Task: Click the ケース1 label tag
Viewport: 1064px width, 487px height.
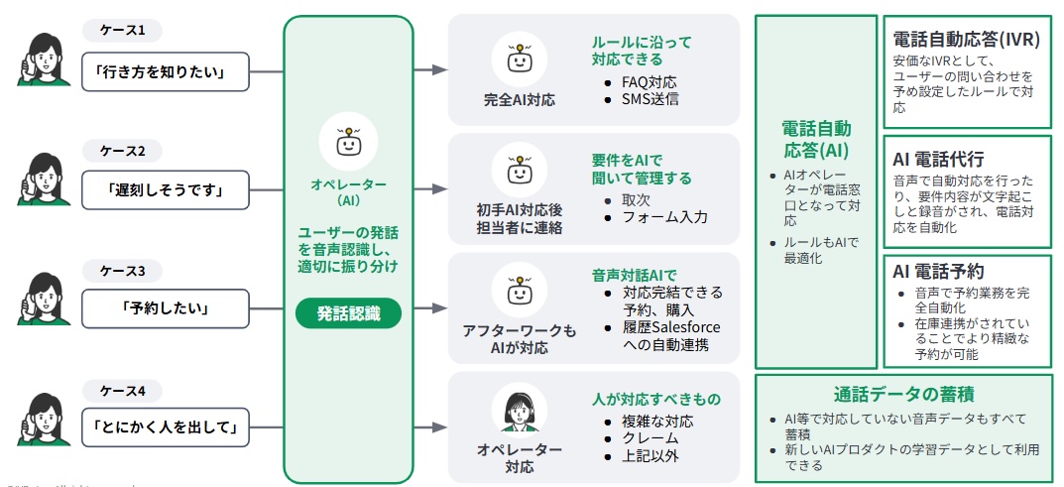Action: click(123, 31)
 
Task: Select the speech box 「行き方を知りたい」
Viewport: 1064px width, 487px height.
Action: click(165, 71)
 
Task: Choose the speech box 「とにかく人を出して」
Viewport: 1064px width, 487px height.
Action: click(165, 427)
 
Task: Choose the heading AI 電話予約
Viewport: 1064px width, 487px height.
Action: click(937, 271)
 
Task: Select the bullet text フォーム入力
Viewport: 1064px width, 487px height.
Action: click(664, 217)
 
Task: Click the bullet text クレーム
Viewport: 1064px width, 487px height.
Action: click(650, 438)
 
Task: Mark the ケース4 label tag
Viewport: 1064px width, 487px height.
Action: click(123, 390)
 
